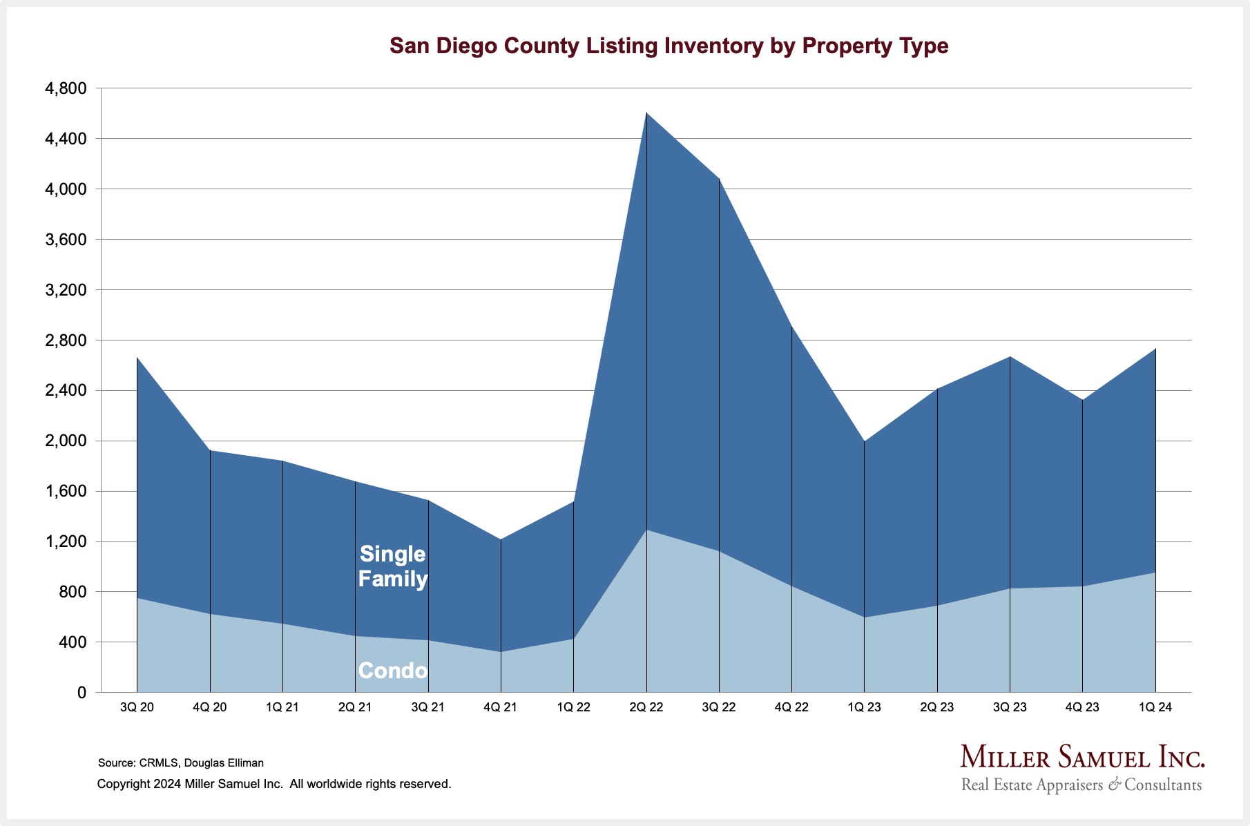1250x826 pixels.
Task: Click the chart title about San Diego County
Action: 669,46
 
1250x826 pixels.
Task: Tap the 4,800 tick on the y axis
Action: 66,88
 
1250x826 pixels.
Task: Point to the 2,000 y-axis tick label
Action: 66,441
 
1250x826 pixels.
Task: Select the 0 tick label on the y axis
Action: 81,693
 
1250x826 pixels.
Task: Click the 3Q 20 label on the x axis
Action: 137,707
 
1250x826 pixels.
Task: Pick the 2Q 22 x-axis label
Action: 646,707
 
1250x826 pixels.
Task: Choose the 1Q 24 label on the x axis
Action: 1155,707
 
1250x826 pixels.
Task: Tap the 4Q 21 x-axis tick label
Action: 501,707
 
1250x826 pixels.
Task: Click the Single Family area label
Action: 393,566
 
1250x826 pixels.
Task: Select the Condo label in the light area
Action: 393,671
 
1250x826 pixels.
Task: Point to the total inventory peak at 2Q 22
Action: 646,113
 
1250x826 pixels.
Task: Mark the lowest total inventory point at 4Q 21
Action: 501,539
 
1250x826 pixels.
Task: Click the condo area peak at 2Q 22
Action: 646,530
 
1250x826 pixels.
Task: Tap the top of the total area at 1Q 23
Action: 865,441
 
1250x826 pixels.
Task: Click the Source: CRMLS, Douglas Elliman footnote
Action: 181,763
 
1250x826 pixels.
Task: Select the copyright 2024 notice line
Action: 274,784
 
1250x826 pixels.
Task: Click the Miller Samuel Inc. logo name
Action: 1082,758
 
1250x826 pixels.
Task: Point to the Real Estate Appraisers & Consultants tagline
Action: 1081,785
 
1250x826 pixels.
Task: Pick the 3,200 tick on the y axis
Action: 66,290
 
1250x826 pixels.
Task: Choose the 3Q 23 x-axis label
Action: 1010,707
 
